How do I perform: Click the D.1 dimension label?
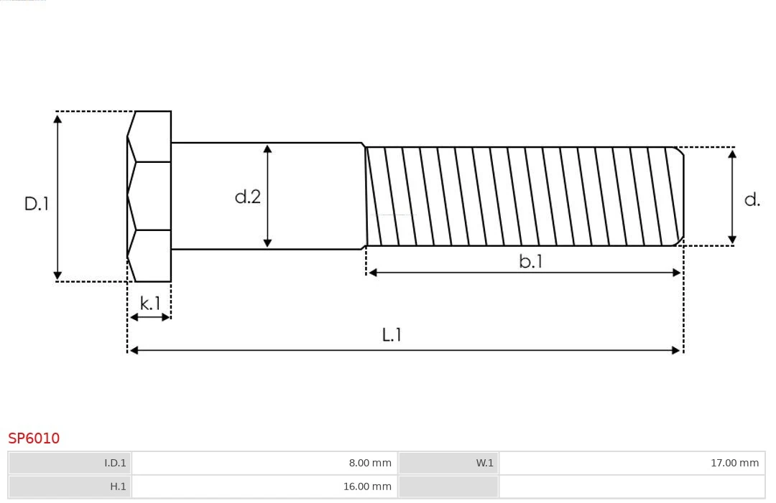(x=36, y=203)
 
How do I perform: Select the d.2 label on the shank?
(x=248, y=197)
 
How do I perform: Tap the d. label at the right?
(x=752, y=199)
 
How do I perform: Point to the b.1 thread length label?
(x=531, y=262)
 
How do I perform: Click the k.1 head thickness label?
(x=150, y=304)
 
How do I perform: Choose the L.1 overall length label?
(x=392, y=334)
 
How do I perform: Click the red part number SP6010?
(x=34, y=438)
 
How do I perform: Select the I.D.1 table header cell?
(x=70, y=463)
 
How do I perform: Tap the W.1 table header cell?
(x=448, y=463)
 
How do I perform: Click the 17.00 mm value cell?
(x=632, y=463)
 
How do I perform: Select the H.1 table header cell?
(x=70, y=486)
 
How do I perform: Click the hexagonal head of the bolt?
(x=149, y=196)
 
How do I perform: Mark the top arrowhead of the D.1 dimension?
(x=57, y=118)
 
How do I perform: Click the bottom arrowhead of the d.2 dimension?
(x=267, y=243)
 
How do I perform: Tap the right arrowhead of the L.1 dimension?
(x=676, y=350)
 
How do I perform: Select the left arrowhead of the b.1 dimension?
(x=372, y=273)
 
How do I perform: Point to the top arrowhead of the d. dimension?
(x=732, y=154)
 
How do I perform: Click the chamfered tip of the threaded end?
(x=679, y=196)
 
